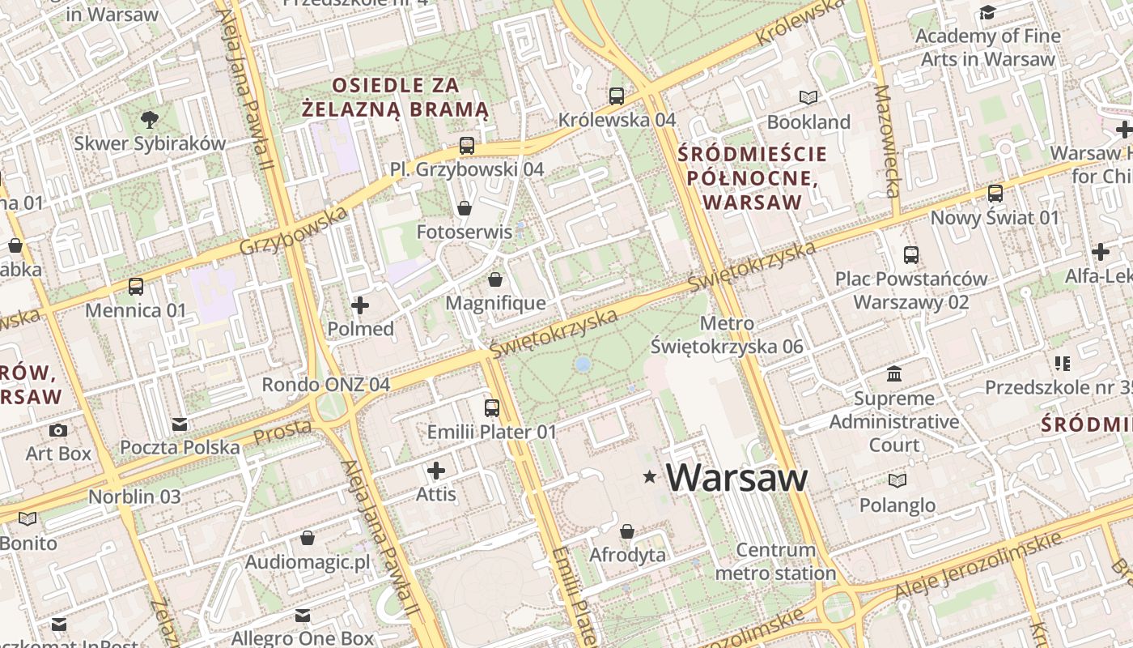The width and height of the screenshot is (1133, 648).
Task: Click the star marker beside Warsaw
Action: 649,477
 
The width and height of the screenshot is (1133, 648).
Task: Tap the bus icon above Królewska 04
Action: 617,96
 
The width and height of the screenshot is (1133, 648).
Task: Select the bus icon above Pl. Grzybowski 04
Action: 467,146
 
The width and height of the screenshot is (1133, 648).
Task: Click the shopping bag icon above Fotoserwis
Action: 465,208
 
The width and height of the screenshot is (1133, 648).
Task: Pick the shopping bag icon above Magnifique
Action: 495,279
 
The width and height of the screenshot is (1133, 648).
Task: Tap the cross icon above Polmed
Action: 360,305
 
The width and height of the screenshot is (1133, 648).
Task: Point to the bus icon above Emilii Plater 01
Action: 492,407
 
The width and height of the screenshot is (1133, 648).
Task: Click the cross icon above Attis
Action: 436,471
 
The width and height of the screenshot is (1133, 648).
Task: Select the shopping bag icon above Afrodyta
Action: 627,531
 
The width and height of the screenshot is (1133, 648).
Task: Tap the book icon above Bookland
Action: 808,98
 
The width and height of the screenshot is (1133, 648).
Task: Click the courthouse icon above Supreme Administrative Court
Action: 894,374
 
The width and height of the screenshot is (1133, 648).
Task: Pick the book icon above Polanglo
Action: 897,481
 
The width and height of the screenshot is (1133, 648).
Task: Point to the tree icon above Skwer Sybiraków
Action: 150,120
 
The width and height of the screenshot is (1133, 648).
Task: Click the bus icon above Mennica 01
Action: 136,286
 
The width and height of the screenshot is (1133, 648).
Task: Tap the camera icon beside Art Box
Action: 58,430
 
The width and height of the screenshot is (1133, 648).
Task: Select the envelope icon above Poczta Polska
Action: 180,424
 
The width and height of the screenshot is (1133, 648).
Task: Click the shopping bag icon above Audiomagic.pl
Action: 308,538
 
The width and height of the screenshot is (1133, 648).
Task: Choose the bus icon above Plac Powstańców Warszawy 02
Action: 911,255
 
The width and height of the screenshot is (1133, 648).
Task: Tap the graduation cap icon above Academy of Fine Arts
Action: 987,12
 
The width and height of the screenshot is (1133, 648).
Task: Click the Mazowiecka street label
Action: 887,142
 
